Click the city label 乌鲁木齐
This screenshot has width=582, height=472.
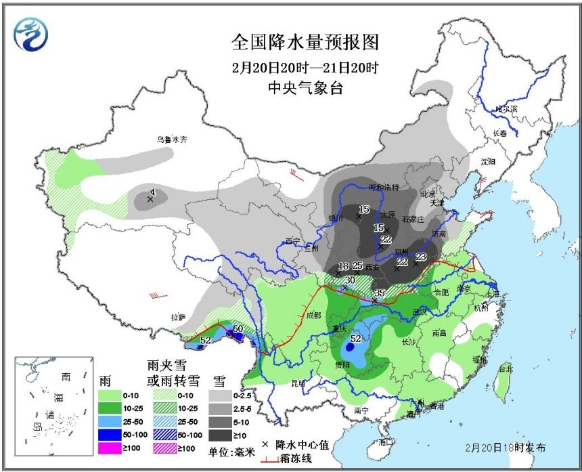[x=172, y=140]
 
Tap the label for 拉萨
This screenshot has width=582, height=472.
[x=179, y=316]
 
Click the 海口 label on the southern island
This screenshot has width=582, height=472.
[x=386, y=442]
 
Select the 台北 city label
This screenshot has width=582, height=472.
[x=505, y=369]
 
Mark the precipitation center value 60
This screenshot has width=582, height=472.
[x=238, y=329]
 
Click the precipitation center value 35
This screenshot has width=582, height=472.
[x=379, y=293]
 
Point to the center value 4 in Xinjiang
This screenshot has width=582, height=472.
[x=152, y=192]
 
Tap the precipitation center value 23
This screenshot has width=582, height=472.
[x=421, y=256]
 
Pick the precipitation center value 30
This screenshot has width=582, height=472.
[x=350, y=280]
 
